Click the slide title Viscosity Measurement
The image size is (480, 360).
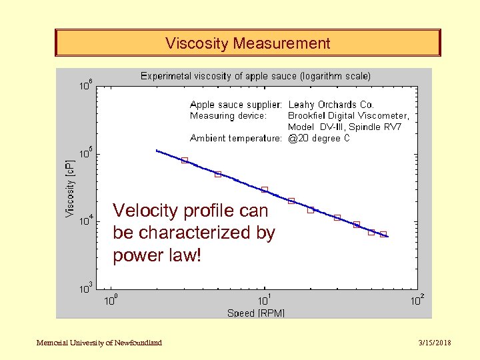coord(247,44)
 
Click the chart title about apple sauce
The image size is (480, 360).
coord(255,76)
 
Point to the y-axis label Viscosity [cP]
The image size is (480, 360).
coord(70,188)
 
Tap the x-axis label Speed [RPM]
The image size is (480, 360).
coord(256,313)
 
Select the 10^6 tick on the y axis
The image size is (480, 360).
coord(86,86)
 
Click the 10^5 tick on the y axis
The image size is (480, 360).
coord(86,154)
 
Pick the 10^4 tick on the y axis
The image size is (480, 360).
coord(86,221)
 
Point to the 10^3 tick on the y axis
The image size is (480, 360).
coord(86,289)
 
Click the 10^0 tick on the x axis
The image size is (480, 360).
coord(111,301)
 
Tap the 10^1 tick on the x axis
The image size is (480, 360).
coord(264,301)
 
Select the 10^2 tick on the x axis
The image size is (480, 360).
coord(417,301)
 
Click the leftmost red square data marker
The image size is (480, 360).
coord(185,160)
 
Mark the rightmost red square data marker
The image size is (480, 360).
coord(383,235)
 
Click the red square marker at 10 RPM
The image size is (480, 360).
coord(265,190)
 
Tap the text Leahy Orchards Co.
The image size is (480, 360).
coord(331,105)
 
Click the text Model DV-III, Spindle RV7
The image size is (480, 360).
coord(345,127)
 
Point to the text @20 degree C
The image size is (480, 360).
coord(319,138)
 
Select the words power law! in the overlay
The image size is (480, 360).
coord(157,255)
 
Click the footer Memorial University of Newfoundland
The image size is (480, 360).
coord(99,343)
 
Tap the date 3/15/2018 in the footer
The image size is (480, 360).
coord(433,343)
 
